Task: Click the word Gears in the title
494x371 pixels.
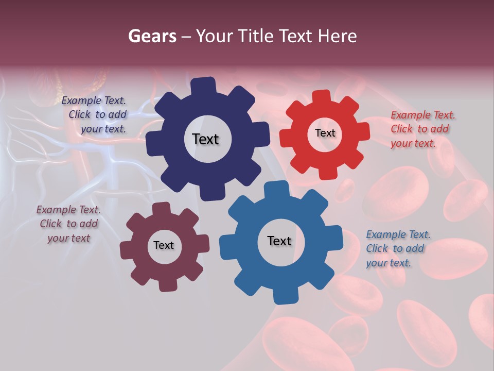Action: [151, 36]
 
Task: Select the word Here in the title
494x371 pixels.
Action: [337, 36]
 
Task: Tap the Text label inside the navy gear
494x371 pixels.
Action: [205, 139]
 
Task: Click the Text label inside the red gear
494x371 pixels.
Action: [325, 133]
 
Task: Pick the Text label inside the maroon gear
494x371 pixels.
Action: [164, 245]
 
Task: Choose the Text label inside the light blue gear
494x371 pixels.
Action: [279, 241]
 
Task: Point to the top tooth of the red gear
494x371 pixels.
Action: [322, 97]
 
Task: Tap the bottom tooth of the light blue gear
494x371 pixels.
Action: [285, 296]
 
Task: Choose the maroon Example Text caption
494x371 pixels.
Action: [68, 224]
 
